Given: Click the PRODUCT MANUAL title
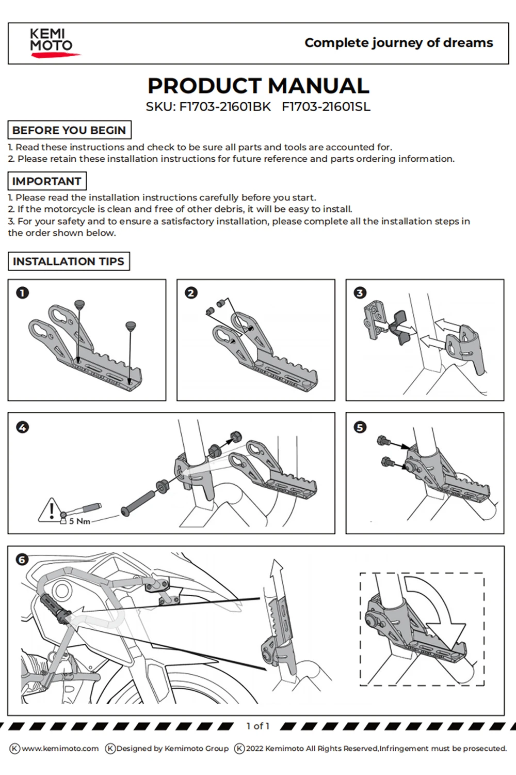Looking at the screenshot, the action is coord(259,86).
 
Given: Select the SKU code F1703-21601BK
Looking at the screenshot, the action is coord(225,107).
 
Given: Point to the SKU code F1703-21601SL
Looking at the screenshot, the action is coord(326,107).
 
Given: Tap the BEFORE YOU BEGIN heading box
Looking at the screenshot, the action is coord(70,130).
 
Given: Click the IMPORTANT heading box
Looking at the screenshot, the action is coord(47,181).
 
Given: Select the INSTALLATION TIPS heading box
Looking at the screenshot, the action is coord(69,261).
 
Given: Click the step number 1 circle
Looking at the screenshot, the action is coord(23,293).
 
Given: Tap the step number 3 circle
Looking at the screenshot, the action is coord(360,293).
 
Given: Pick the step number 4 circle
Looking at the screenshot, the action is coord(23,428).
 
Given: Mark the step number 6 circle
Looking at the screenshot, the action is coord(22,560).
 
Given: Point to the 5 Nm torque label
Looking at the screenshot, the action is coord(79,521).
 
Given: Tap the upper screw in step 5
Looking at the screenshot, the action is coord(384,441).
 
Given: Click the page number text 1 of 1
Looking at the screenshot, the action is coord(258,726).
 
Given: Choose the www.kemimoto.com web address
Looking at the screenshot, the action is coord(60,748).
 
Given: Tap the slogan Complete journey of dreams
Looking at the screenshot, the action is coord(399,43).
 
